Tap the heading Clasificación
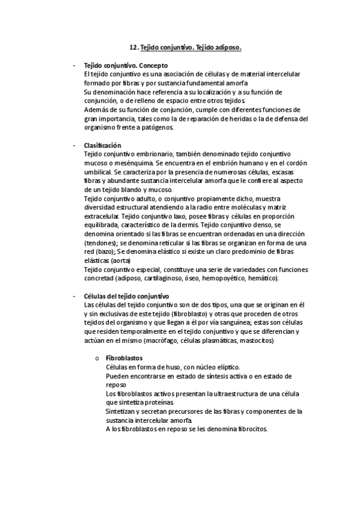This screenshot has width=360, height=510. [103, 146]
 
